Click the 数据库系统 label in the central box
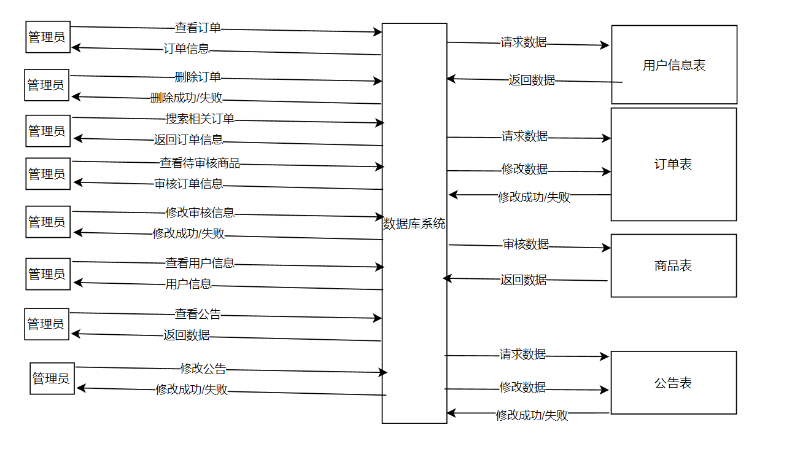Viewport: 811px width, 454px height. click(x=414, y=224)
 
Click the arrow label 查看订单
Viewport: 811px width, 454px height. click(x=198, y=28)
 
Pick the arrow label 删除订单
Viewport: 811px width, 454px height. click(x=198, y=77)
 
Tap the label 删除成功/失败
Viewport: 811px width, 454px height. click(x=187, y=98)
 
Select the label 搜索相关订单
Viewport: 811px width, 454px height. click(x=200, y=119)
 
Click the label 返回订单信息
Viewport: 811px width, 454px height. click(x=188, y=139)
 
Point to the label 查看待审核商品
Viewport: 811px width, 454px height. click(x=200, y=163)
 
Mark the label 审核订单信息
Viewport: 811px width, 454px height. click(x=188, y=184)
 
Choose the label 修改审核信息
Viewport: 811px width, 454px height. click(x=200, y=213)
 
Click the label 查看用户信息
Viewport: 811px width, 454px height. click(x=200, y=263)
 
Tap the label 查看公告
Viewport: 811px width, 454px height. click(x=198, y=314)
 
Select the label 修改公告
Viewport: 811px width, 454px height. click(x=203, y=369)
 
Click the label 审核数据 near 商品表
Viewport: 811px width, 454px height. click(x=526, y=245)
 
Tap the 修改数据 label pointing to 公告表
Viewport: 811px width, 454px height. click(x=522, y=387)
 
